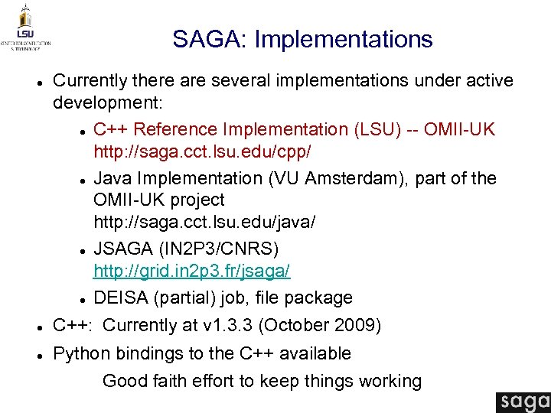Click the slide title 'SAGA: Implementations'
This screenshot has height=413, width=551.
[x=302, y=39]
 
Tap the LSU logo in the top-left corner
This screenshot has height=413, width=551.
[x=25, y=26]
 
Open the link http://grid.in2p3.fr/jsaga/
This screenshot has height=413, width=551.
[x=191, y=271]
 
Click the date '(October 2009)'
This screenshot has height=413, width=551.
[x=319, y=325]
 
